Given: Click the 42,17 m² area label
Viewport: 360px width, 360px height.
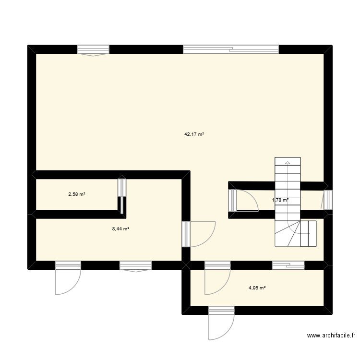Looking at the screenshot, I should [194, 135].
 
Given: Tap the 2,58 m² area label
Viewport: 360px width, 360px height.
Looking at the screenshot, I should [77, 194].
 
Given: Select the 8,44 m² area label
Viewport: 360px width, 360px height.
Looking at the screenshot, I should [120, 229].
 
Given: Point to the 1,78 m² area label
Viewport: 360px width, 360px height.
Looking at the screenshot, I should [280, 200].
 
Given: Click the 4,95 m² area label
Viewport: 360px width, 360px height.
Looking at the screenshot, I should [257, 288].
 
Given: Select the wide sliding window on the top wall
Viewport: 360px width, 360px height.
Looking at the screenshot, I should [230, 49].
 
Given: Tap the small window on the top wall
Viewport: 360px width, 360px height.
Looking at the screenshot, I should [93, 49].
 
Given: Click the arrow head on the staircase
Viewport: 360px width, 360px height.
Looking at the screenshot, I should [287, 163].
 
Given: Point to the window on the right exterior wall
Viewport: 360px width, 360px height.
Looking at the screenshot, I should [328, 200].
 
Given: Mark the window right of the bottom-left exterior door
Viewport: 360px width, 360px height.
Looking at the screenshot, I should [135, 265].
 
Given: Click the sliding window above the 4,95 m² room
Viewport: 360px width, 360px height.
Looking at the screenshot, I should [288, 265].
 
